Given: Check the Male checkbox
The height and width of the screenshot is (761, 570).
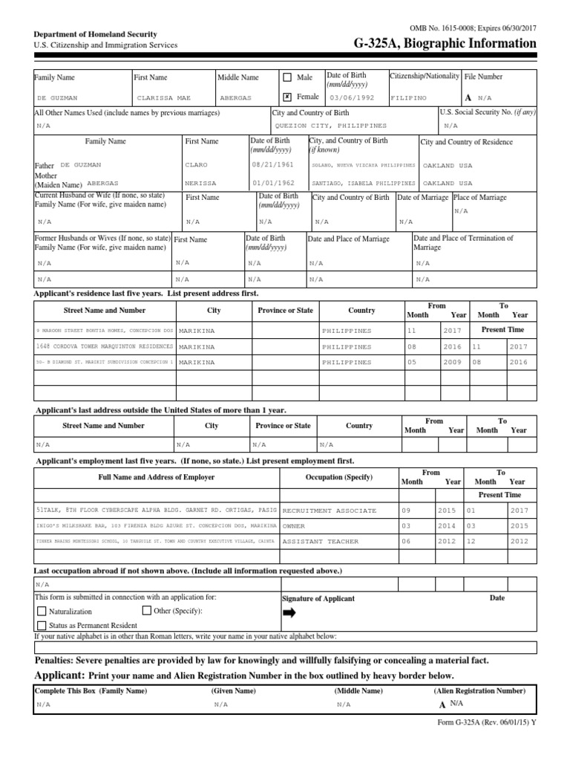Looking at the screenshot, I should click(287, 77).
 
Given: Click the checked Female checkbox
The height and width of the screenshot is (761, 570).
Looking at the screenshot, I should click(287, 97).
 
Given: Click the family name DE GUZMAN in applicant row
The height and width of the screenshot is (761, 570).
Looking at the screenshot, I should click(57, 97).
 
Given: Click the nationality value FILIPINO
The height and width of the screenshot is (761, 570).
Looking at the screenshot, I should click(410, 97).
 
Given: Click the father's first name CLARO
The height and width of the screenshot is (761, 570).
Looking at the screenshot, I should click(197, 165).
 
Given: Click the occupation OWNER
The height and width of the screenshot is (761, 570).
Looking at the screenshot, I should click(295, 526).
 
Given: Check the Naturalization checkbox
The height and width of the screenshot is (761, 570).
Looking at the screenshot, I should click(42, 612).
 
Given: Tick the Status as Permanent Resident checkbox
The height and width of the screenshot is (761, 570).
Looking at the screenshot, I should click(42, 626).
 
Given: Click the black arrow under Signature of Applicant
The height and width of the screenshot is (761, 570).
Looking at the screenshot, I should click(289, 612).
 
